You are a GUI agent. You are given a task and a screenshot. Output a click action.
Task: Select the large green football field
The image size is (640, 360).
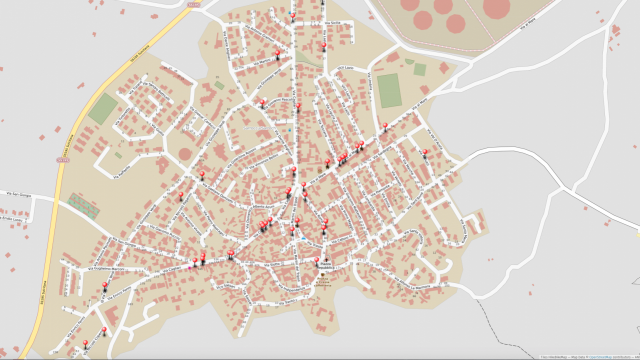(389, 90)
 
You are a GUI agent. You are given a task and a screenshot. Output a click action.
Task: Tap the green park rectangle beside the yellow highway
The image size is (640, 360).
(102, 109)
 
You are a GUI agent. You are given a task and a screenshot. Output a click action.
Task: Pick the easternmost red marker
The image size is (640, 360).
(427, 153)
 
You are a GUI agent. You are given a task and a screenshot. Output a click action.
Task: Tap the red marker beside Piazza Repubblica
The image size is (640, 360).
(322, 258)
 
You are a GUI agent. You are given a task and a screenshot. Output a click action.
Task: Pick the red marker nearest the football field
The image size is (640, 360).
(385, 126)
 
